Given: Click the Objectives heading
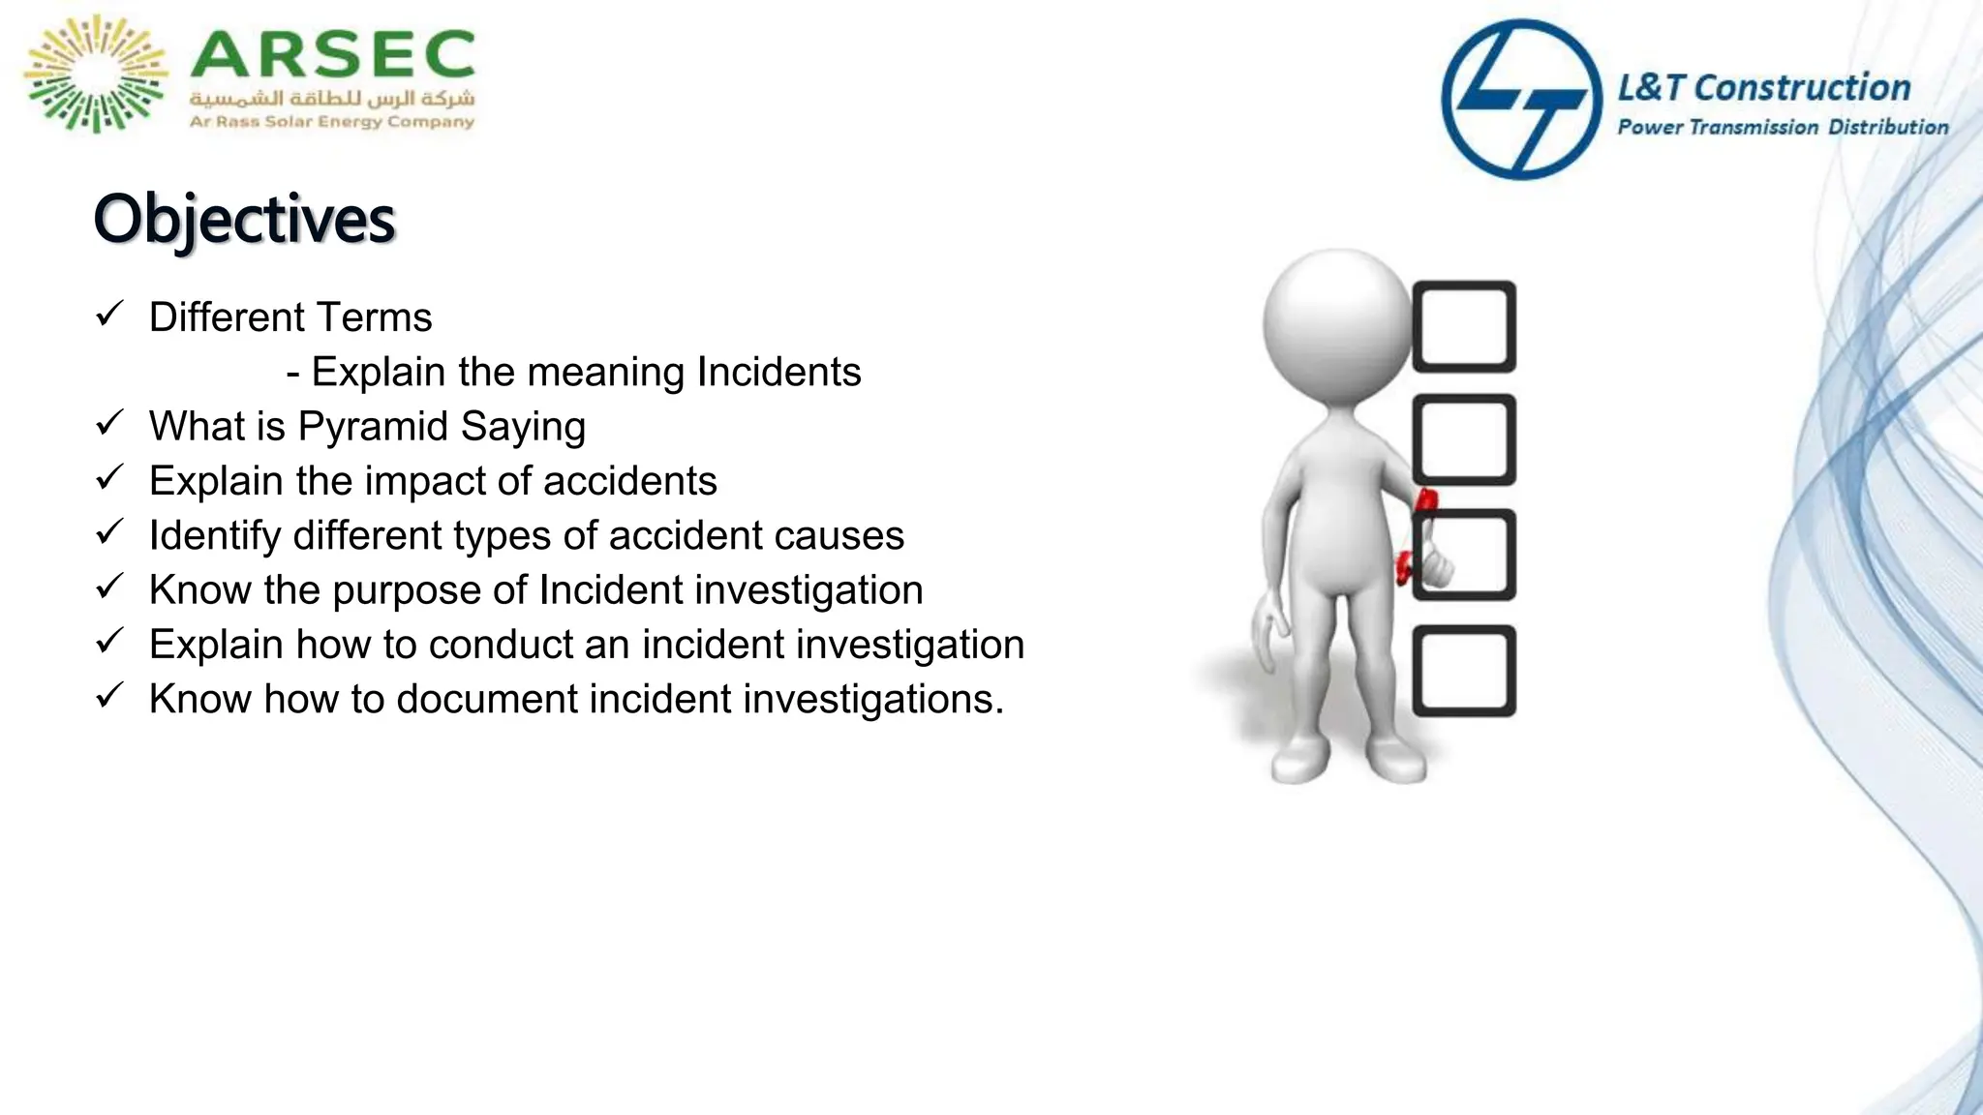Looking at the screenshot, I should click(244, 219).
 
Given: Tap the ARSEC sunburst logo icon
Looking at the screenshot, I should click(95, 74).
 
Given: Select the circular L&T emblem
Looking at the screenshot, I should click(1521, 99).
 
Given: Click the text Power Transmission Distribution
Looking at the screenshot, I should click(1783, 127).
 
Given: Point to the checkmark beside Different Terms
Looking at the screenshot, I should click(109, 314).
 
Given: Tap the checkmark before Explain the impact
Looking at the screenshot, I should click(109, 477).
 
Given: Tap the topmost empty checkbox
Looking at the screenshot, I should click(1464, 326).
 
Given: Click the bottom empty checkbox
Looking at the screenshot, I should click(1464, 671).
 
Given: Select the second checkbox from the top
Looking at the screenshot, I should click(1464, 439).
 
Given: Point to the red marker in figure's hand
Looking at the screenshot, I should click(1424, 503).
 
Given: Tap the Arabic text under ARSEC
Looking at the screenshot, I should click(332, 99).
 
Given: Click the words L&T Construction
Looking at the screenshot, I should click(1764, 88).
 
